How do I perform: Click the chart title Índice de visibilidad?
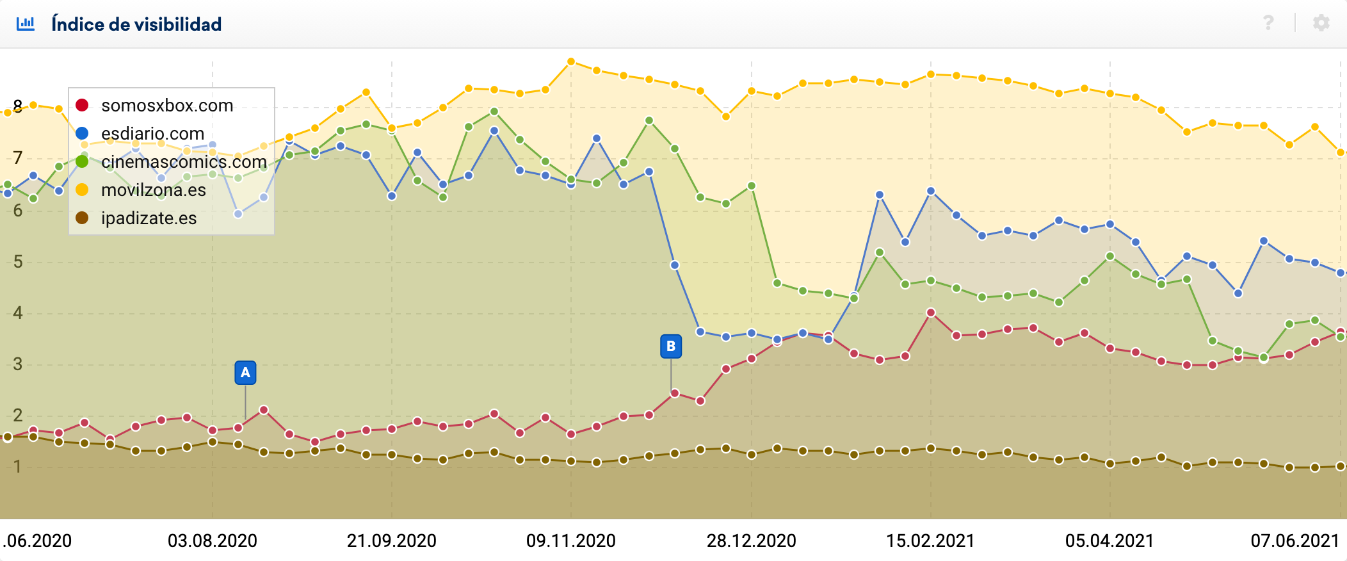(x=136, y=24)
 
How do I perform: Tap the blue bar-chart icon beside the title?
(x=26, y=24)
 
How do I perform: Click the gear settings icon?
(x=1321, y=23)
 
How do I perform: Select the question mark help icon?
(x=1268, y=23)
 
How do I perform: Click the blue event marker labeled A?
(x=245, y=373)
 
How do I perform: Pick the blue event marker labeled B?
(x=671, y=346)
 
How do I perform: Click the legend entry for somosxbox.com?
(x=166, y=105)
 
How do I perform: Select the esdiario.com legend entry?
(x=152, y=133)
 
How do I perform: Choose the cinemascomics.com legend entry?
(x=183, y=161)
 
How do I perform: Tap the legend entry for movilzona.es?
(x=153, y=190)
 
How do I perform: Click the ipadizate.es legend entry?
(x=149, y=218)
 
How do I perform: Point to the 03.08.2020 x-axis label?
(x=213, y=541)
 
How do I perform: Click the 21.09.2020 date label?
(x=392, y=541)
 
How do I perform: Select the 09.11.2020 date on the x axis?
(x=571, y=541)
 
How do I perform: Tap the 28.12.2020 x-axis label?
(x=752, y=541)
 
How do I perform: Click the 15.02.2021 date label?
(x=930, y=541)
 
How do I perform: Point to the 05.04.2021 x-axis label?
(x=1109, y=541)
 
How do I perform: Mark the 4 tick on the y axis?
(x=17, y=313)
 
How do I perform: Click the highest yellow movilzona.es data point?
(x=571, y=62)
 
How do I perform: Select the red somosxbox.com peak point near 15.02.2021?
(x=931, y=313)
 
